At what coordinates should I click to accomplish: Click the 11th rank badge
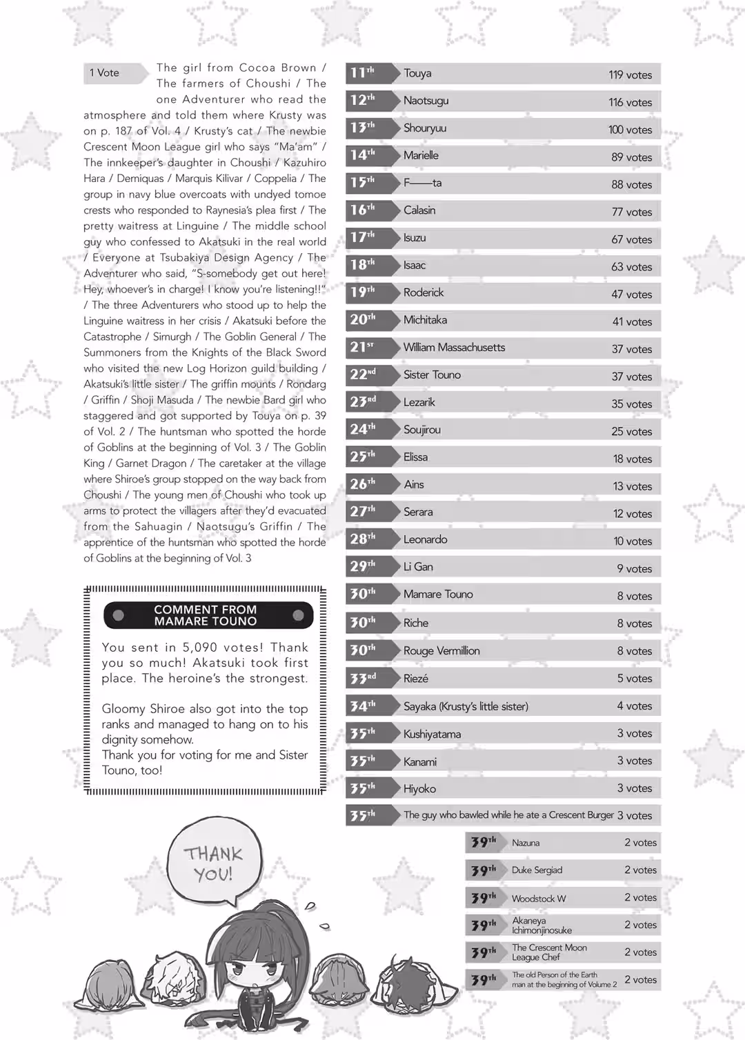pos(364,72)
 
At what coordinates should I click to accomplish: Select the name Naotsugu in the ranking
pos(426,101)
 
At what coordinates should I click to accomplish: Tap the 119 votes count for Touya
pos(630,74)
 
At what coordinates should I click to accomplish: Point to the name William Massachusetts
pos(454,348)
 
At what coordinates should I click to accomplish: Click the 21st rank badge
pos(364,347)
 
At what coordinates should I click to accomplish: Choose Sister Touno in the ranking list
pos(432,375)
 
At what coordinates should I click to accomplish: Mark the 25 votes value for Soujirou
pos(631,432)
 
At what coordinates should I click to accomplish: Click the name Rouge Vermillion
pos(441,651)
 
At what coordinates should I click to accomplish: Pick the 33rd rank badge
pos(364,679)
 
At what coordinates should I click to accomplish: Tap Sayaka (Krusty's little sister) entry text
pos(466,706)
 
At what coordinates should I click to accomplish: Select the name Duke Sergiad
pos(537,870)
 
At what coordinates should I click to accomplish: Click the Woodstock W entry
pos(538,899)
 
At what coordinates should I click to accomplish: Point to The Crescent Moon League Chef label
pos(549,952)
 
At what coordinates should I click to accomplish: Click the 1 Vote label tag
pos(105,73)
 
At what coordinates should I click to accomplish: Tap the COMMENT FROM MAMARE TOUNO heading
pos(206,615)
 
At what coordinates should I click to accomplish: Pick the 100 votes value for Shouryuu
pos(630,130)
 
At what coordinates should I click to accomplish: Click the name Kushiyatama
pos(432,734)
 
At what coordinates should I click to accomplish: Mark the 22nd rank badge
pos(364,374)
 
